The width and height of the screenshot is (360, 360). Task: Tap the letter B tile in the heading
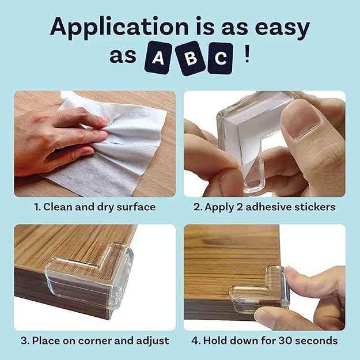[x=190, y=59]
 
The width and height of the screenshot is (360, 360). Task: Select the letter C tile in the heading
[x=220, y=58]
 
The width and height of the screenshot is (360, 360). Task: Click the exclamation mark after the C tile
[x=247, y=56]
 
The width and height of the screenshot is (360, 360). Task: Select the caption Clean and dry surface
[x=94, y=207]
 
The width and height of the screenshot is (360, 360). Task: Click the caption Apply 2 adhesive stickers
[x=264, y=207]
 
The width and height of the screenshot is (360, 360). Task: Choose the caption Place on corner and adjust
[x=94, y=340]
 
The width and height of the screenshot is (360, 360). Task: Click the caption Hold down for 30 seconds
[x=264, y=340]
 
